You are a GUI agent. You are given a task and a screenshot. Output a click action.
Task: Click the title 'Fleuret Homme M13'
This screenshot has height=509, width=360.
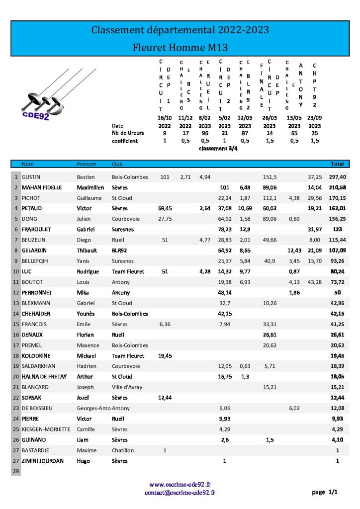pyautogui.click(x=180, y=48)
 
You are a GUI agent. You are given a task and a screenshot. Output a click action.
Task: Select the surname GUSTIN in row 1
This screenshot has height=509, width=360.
pyautogui.click(x=31, y=177)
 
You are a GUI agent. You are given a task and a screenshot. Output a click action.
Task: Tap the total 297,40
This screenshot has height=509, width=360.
pyautogui.click(x=338, y=177)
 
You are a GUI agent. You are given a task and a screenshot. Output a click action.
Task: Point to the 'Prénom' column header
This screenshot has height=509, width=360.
pyautogui.click(x=86, y=164)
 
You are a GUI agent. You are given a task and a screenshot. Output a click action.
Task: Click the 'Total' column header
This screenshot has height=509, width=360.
pyautogui.click(x=337, y=164)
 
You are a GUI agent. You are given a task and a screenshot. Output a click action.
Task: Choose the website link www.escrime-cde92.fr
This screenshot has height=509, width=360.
pyautogui.click(x=180, y=484)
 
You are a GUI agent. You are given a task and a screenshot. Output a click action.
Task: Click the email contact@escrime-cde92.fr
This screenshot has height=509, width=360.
pyautogui.click(x=180, y=493)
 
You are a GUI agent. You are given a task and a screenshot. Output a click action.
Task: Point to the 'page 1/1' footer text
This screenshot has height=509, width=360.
pyautogui.click(x=325, y=493)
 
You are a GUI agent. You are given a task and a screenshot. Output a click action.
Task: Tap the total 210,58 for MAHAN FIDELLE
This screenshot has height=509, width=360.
pyautogui.click(x=338, y=187)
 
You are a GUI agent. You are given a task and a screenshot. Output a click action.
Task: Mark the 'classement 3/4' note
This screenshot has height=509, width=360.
pyautogui.click(x=218, y=149)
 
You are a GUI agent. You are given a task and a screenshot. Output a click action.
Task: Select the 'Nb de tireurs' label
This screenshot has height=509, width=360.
pyautogui.click(x=128, y=133)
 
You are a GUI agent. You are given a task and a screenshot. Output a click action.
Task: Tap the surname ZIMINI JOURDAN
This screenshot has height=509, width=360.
pyautogui.click(x=42, y=461)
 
